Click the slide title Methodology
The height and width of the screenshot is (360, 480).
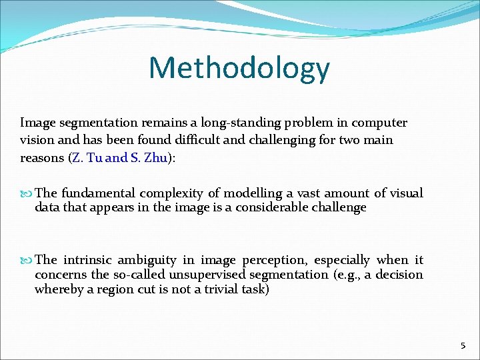239,68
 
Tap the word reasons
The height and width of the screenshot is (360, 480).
42,158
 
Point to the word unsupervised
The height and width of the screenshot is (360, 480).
211,275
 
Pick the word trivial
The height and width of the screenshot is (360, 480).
217,289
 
